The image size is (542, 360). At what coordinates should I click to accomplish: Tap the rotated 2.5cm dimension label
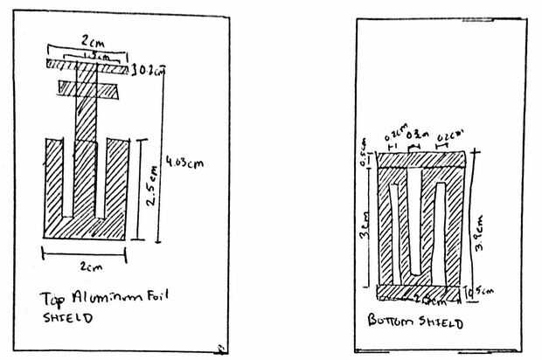click(x=151, y=187)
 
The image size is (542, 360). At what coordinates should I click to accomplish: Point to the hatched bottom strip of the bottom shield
click(x=420, y=291)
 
